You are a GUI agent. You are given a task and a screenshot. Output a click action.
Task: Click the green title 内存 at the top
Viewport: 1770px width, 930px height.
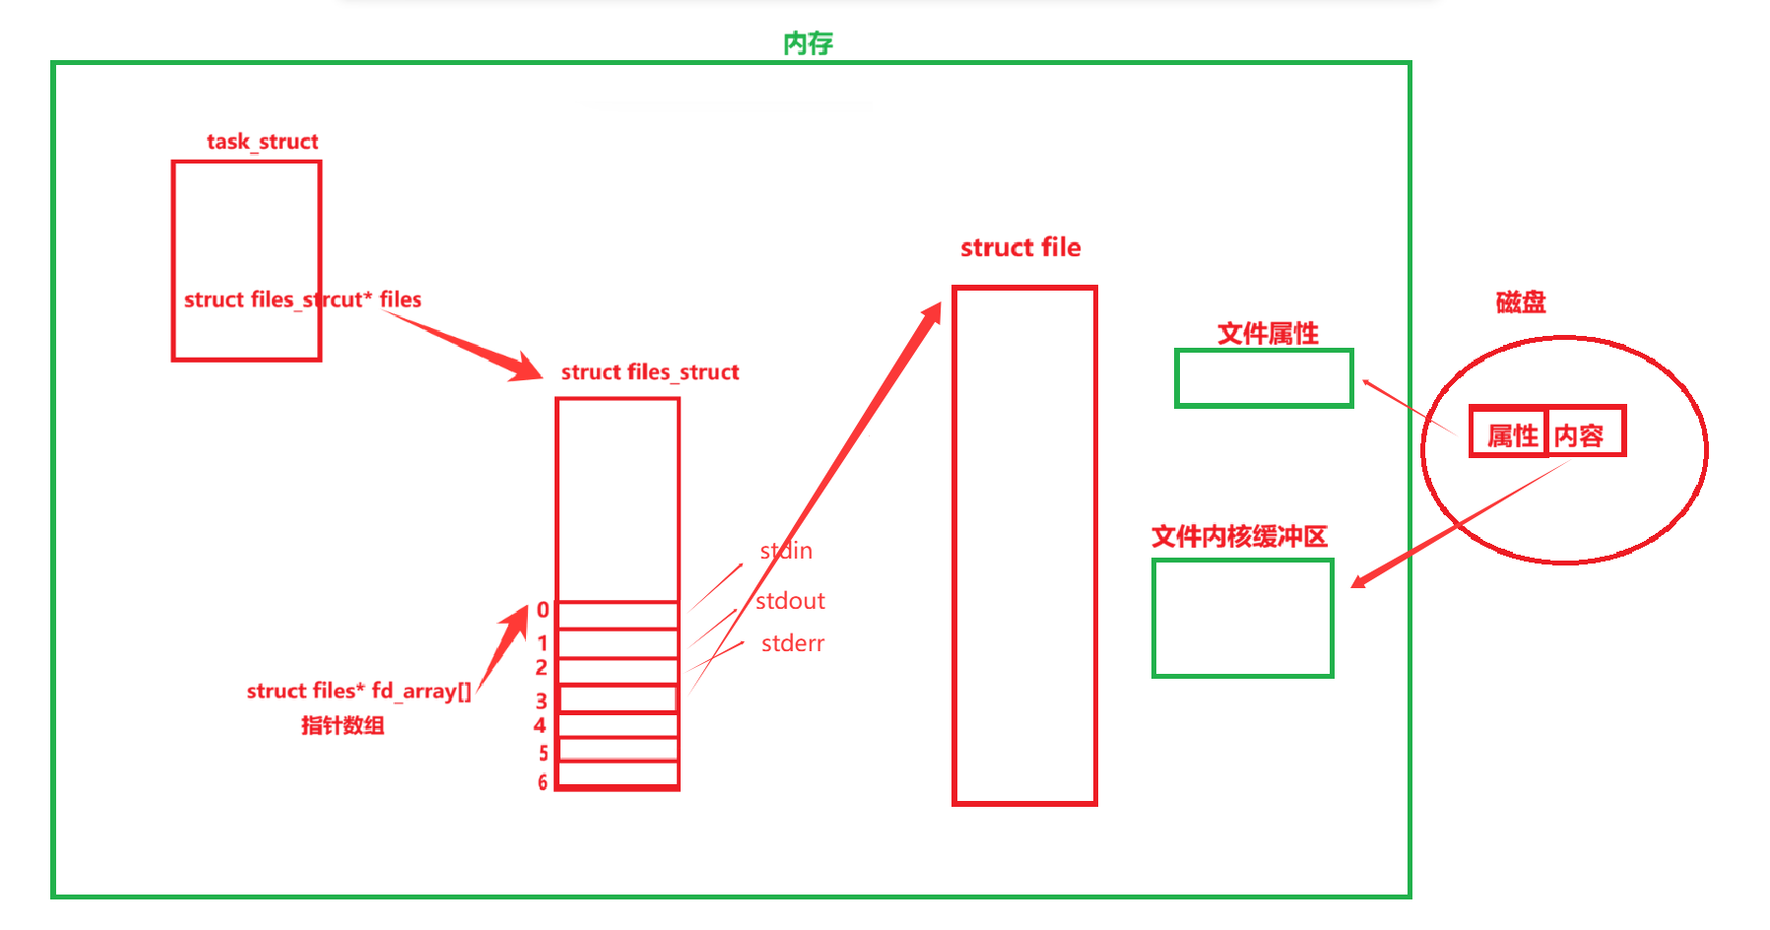tap(808, 43)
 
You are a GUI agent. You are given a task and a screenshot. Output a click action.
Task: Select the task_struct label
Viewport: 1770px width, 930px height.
tap(262, 142)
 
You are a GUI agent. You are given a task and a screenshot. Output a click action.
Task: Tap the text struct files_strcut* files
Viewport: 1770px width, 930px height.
tap(302, 299)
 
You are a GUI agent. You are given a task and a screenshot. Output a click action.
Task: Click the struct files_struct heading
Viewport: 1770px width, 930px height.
tap(650, 372)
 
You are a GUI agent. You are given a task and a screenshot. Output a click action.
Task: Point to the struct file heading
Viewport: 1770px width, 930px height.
tap(1020, 247)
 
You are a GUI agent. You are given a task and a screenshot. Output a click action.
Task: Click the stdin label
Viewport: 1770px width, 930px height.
tap(786, 551)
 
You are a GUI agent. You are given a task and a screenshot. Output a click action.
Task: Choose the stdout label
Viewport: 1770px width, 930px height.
tap(790, 601)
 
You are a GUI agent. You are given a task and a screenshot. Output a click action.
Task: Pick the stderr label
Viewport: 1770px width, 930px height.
tap(793, 643)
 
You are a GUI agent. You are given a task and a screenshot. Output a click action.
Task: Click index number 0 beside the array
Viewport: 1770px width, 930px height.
tap(543, 611)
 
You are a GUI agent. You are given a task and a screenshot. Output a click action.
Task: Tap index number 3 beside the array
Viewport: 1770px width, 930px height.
tap(542, 701)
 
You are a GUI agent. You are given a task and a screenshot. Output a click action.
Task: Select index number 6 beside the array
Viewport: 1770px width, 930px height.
tap(543, 782)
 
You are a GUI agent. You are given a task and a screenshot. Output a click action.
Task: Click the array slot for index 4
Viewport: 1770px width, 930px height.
tap(618, 725)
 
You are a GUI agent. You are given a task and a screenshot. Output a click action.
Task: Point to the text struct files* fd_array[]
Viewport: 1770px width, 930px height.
tap(359, 691)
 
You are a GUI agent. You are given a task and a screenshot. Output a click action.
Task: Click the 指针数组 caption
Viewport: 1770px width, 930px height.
tap(343, 726)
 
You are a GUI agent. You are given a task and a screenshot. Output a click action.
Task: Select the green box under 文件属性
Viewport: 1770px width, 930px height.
tap(1264, 378)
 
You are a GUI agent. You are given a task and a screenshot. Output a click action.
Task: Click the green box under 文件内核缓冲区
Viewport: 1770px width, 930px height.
tap(1242, 619)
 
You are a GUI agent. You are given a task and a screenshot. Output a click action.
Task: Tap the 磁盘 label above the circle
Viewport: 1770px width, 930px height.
tap(1521, 302)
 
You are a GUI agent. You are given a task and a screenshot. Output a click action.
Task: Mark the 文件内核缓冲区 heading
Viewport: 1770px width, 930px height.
tap(1239, 537)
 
